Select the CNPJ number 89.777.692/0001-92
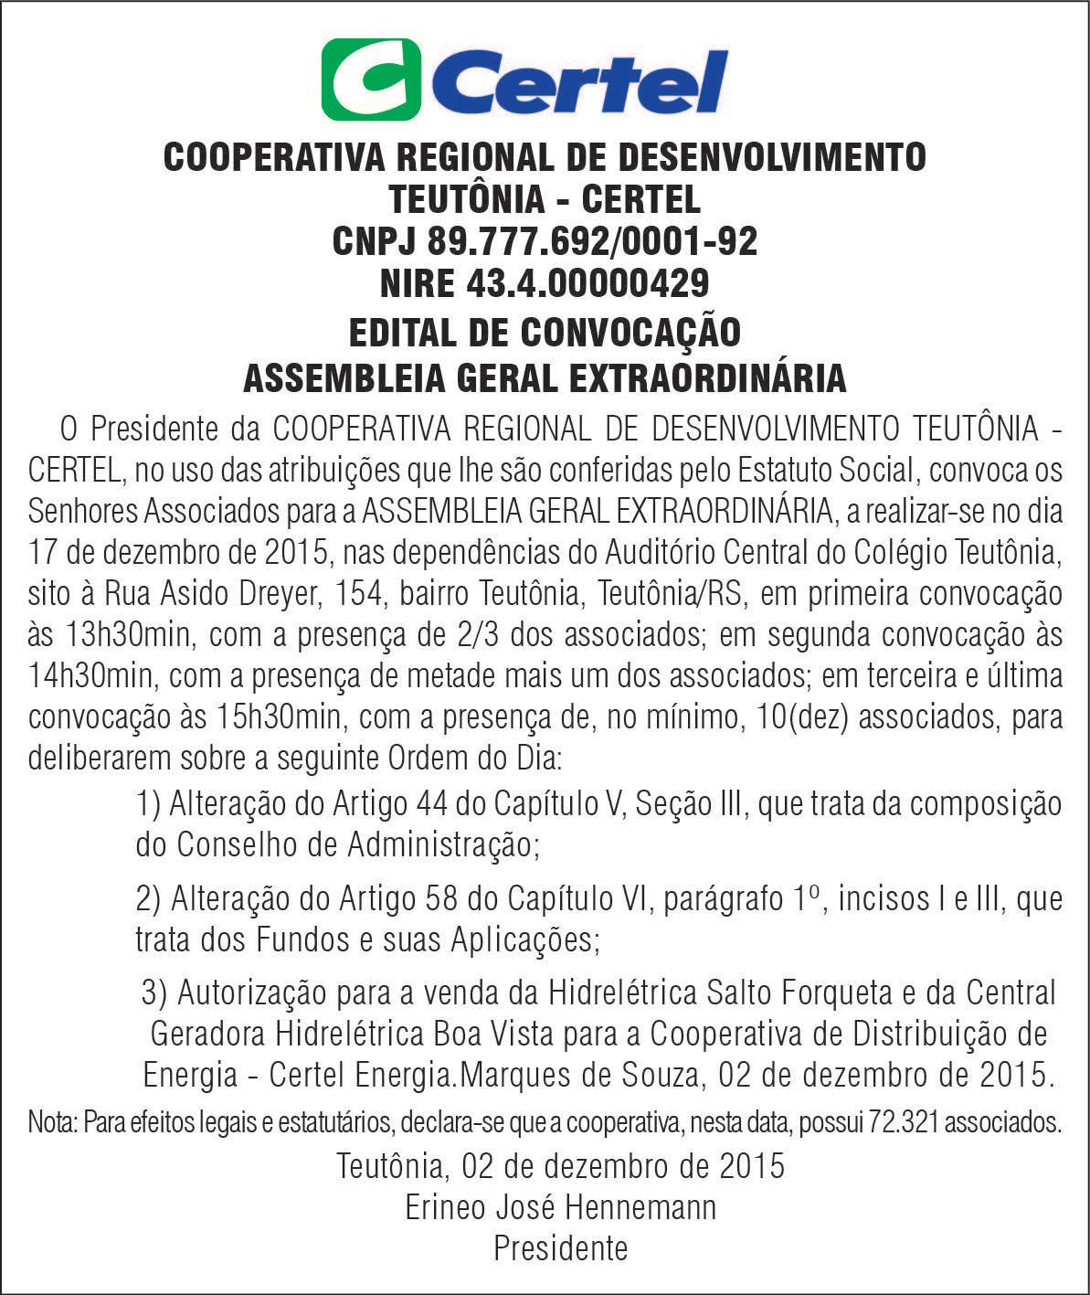(x=592, y=241)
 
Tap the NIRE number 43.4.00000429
(x=587, y=283)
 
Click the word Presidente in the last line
(x=560, y=1248)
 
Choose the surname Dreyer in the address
(x=267, y=594)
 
